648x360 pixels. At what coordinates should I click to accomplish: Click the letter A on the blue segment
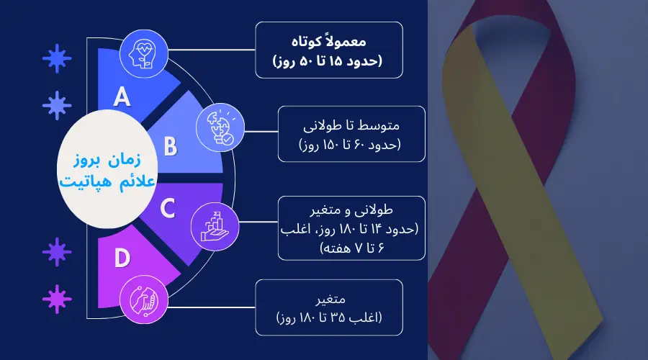123,96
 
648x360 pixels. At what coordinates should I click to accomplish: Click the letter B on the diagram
170,146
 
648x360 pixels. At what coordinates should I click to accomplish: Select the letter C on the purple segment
167,209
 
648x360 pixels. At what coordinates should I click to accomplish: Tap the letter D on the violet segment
122,258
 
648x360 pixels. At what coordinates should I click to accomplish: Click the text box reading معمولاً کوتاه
328,49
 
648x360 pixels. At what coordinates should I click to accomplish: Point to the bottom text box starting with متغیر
328,307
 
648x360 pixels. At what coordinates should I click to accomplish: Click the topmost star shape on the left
52,55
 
